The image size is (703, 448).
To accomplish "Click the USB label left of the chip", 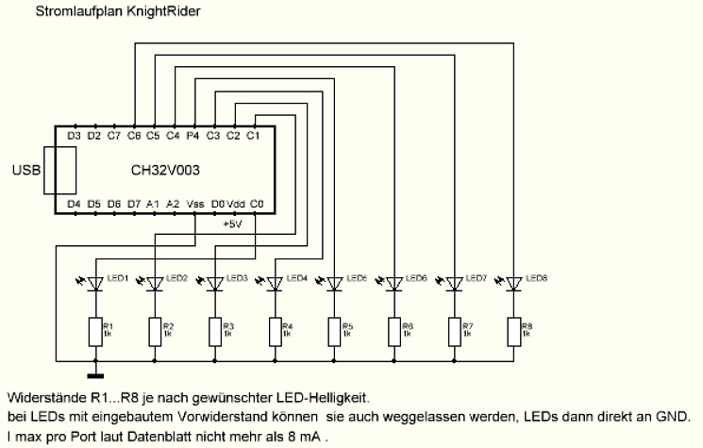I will [25, 171].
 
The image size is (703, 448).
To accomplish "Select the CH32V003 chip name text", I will [165, 171].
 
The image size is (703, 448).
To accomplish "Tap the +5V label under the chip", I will [232, 224].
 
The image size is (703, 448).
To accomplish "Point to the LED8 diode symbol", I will [513, 283].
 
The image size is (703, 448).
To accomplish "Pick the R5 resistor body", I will [335, 331].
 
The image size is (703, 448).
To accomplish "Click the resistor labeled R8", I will [513, 331].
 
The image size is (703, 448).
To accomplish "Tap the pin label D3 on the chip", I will [75, 137].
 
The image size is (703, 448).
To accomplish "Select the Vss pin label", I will [195, 203].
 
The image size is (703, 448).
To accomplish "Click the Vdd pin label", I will [237, 203].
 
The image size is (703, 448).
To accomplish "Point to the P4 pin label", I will [192, 137].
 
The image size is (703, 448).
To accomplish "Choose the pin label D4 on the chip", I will [75, 203].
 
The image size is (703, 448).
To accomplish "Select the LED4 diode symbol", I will [276, 283].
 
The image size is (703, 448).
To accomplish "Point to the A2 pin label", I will [173, 203].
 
